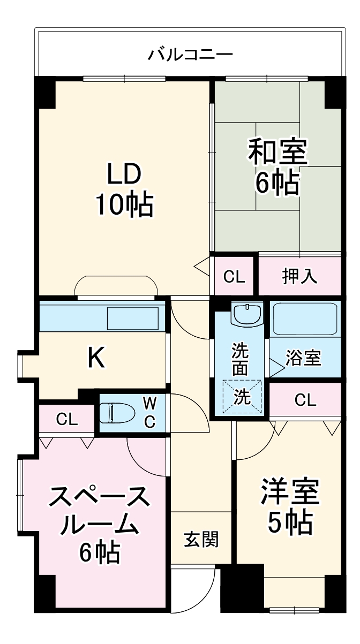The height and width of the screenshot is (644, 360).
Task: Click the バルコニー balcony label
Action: (x=190, y=54)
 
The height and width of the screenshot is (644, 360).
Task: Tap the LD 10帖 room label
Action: (x=124, y=190)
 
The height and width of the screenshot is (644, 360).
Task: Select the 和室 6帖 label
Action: (x=277, y=168)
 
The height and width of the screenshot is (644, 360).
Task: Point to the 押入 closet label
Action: (x=300, y=276)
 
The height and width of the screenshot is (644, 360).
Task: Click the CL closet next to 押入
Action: (x=234, y=276)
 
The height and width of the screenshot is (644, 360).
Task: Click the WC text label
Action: (x=149, y=412)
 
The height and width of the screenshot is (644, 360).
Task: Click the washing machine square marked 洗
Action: (x=243, y=397)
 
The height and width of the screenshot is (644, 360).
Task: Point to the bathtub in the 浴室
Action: (x=304, y=319)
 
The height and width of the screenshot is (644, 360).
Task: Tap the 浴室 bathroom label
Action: (x=303, y=358)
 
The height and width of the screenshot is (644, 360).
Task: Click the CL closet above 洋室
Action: (x=305, y=399)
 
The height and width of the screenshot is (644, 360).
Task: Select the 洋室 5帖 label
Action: (x=290, y=506)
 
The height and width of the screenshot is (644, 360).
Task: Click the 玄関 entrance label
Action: (x=201, y=539)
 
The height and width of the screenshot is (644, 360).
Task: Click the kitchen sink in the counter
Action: (x=133, y=318)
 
